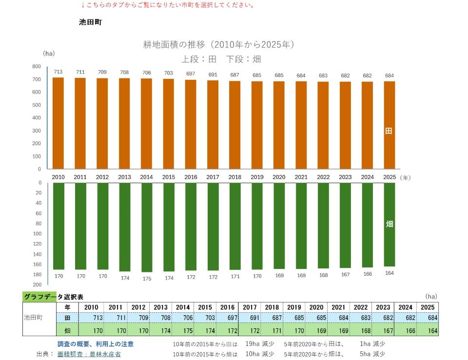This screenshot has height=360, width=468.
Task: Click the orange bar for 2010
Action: pyautogui.click(x=58, y=123)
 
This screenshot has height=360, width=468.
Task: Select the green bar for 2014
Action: pyautogui.click(x=147, y=227)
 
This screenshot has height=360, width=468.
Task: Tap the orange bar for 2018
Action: pyautogui.click(x=235, y=125)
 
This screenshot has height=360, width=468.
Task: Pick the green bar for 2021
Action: pyautogui.click(x=301, y=226)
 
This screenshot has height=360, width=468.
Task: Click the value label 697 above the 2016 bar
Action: pyautogui.click(x=191, y=74)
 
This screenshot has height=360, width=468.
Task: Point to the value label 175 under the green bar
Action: pyautogui.click(x=147, y=279)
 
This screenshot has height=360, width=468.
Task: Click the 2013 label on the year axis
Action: pyautogui.click(x=124, y=177)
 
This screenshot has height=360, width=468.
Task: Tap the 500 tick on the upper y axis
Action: pyautogui.click(x=37, y=105)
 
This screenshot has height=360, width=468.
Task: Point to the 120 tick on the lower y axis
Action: pyautogui.click(x=38, y=244)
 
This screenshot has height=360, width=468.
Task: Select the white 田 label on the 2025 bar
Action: pyautogui.click(x=389, y=131)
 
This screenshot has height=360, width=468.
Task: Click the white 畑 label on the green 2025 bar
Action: pyautogui.click(x=389, y=224)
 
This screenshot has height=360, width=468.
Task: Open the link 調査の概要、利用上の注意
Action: pyautogui.click(x=96, y=344)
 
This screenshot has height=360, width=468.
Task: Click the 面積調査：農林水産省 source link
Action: pyautogui.click(x=89, y=354)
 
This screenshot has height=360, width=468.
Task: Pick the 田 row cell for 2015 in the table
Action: pyautogui.click(x=205, y=318)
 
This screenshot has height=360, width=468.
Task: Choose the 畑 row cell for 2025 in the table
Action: pyautogui.click(x=428, y=330)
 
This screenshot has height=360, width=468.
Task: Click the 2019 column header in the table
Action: pyautogui.click(x=294, y=307)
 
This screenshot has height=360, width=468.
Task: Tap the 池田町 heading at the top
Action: pyautogui.click(x=91, y=22)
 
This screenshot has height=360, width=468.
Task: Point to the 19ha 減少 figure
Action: pyautogui.click(x=260, y=344)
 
